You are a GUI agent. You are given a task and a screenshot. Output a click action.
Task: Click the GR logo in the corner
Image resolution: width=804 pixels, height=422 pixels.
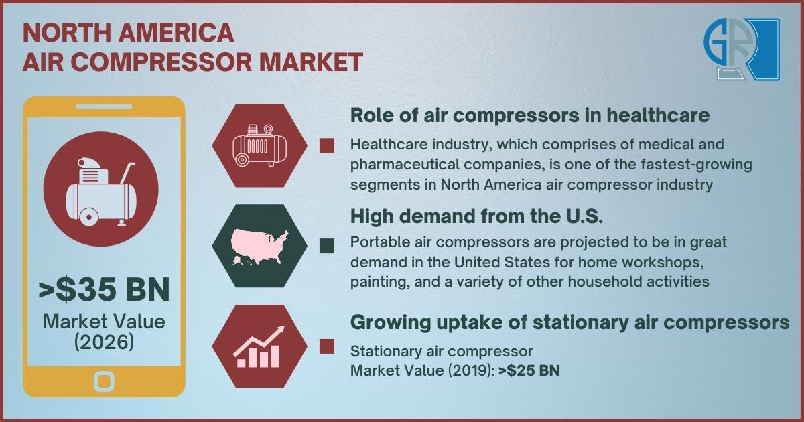(x=742, y=49)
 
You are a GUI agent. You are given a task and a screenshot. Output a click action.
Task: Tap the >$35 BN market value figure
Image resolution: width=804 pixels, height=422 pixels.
(x=104, y=290)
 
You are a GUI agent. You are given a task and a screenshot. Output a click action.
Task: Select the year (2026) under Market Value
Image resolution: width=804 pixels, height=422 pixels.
(x=104, y=342)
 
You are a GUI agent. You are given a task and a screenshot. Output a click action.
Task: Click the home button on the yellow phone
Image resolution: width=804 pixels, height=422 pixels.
(x=104, y=381)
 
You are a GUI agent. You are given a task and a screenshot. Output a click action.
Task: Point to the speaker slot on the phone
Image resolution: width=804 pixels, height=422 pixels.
(x=104, y=107)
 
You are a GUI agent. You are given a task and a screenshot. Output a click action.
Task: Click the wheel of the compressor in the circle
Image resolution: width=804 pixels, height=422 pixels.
(x=88, y=216)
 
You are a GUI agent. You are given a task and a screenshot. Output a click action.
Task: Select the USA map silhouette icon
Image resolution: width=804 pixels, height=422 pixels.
(x=259, y=248)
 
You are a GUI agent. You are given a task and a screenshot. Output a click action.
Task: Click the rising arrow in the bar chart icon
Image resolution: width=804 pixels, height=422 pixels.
(x=259, y=340)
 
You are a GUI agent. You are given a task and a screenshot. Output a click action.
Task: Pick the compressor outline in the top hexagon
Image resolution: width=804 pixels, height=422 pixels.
(x=260, y=145)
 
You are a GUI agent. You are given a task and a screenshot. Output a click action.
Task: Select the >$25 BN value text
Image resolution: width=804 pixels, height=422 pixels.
(x=529, y=370)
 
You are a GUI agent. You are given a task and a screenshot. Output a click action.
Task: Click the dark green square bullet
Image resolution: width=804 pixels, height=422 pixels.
(x=327, y=247)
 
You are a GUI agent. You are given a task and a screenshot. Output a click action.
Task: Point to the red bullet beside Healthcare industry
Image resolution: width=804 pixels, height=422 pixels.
(x=327, y=146)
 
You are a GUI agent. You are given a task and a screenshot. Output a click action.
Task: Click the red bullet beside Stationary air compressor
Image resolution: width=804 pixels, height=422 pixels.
(x=327, y=347)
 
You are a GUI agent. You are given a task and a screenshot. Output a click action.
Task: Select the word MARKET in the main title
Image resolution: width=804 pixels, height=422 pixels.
(x=311, y=62)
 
